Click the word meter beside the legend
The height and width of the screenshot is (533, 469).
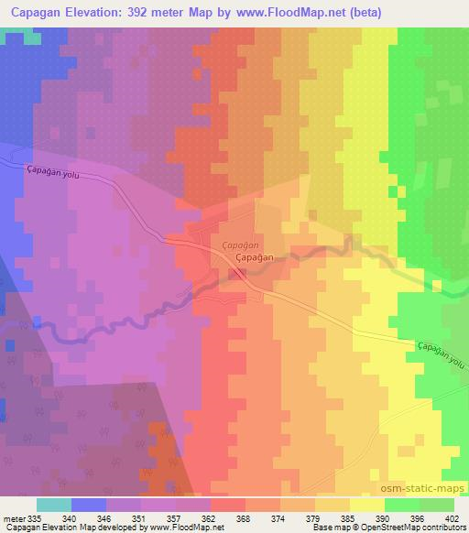pyautogui.click(x=13, y=517)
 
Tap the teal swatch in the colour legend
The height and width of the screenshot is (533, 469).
pyautogui.click(x=54, y=505)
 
